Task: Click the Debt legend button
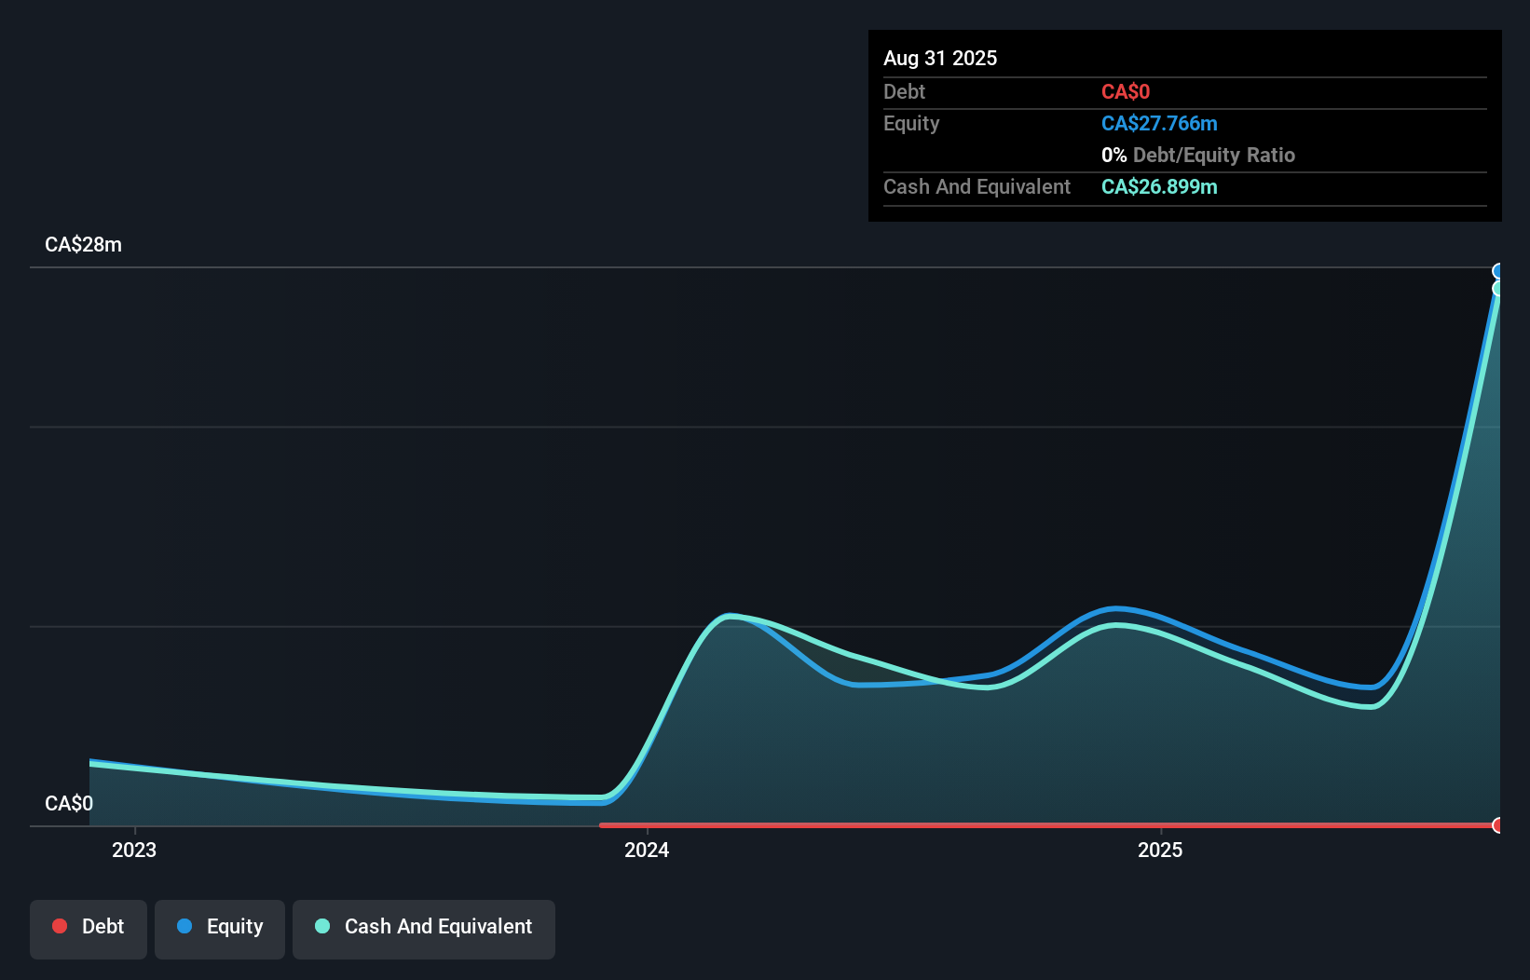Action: click(x=88, y=928)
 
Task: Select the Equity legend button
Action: click(x=220, y=928)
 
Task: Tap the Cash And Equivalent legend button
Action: click(x=424, y=928)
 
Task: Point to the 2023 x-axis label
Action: click(x=134, y=850)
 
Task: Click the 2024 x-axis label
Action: click(x=647, y=850)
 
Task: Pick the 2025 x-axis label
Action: click(x=1160, y=850)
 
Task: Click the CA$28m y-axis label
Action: click(x=83, y=244)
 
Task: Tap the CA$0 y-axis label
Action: click(x=68, y=803)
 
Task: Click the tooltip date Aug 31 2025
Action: click(x=940, y=58)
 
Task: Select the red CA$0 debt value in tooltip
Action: click(x=1125, y=91)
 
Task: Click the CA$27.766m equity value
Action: click(x=1159, y=123)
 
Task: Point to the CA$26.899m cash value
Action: click(x=1159, y=186)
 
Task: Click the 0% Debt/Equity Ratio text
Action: click(x=1197, y=155)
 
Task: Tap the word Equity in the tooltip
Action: click(x=911, y=123)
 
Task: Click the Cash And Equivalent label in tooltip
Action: click(x=977, y=186)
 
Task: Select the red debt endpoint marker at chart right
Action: click(x=1497, y=825)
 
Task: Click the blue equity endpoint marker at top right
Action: click(x=1497, y=271)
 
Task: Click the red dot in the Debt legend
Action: click(x=60, y=926)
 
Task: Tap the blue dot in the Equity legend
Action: click(x=184, y=926)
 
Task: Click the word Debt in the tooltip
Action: click(x=904, y=91)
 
